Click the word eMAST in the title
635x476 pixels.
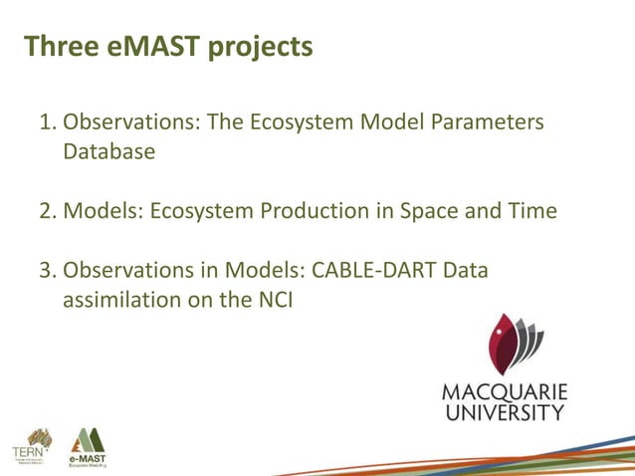click(154, 47)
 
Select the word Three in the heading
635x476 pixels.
click(61, 47)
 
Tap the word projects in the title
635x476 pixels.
click(261, 48)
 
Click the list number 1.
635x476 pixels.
click(46, 122)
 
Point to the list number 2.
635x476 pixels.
click(46, 211)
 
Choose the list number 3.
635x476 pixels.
click(46, 270)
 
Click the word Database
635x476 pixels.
click(109, 152)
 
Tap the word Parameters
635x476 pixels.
click(488, 122)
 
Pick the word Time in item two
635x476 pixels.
click(531, 211)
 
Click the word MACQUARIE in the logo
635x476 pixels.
click(504, 390)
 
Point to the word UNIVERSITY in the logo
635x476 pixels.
click(504, 411)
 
